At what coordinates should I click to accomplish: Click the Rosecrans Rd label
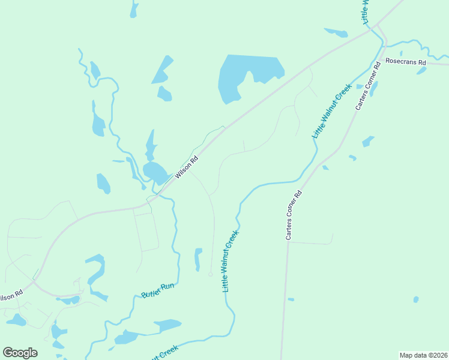click(405, 61)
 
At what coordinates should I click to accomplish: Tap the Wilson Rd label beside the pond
click(186, 168)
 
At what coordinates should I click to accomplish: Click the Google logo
click(20, 352)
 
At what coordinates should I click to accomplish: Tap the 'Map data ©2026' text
click(423, 355)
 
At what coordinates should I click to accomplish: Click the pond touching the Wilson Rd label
click(155, 173)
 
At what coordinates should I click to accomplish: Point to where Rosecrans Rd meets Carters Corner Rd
click(382, 58)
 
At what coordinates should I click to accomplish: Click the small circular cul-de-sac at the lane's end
click(210, 274)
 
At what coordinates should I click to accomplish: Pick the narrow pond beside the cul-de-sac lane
click(197, 259)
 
